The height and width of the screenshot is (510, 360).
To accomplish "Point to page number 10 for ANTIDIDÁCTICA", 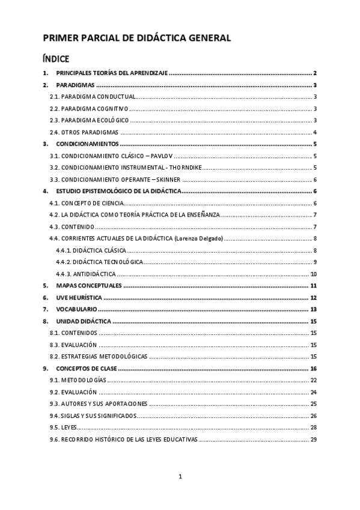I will click(314, 274).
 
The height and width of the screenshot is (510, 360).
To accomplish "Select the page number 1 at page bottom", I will click(180, 477).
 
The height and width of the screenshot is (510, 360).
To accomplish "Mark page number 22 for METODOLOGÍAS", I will click(314, 380).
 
